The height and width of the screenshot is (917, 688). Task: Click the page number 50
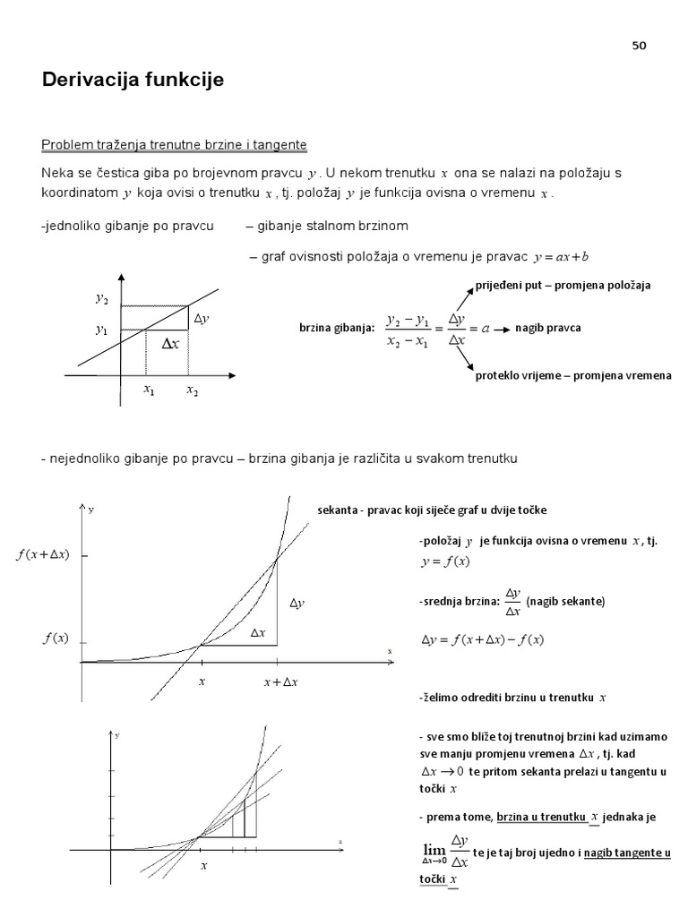(639, 46)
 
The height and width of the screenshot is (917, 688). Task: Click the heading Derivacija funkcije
(133, 81)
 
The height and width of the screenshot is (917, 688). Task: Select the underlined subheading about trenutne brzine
(175, 144)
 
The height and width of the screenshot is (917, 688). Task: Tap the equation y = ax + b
(561, 258)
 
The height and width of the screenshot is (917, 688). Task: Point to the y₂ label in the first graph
(101, 299)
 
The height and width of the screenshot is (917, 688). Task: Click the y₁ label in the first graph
(101, 330)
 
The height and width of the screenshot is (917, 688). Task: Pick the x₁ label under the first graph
(149, 390)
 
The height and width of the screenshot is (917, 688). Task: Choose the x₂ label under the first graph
(192, 390)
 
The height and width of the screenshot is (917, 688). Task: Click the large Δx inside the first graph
(169, 343)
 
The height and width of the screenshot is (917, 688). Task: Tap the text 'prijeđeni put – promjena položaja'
(563, 285)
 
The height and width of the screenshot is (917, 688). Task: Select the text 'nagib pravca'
(547, 328)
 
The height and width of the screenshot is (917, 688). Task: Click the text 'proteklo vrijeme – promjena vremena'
(572, 376)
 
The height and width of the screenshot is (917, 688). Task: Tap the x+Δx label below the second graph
(280, 682)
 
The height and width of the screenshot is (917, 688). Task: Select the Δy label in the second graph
(297, 604)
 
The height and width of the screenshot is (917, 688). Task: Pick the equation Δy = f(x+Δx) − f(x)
(483, 639)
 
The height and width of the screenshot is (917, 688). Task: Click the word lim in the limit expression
(433, 848)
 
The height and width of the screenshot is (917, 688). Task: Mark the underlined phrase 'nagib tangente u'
(627, 853)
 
